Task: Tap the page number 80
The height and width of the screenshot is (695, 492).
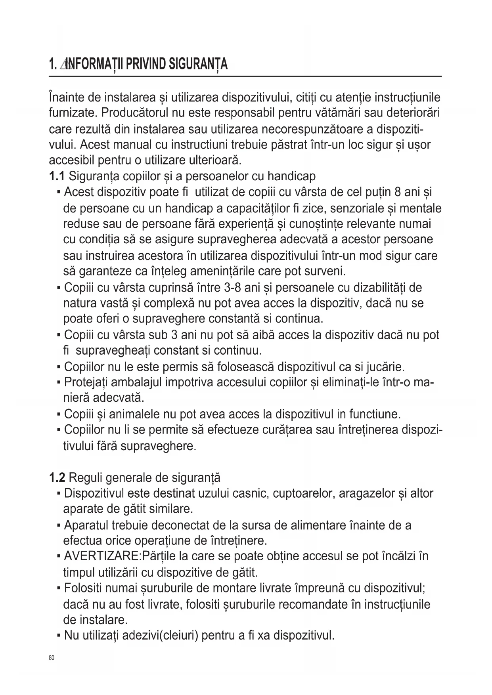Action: (x=51, y=658)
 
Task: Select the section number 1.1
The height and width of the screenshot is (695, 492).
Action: (x=57, y=176)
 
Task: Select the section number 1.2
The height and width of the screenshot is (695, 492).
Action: (x=57, y=478)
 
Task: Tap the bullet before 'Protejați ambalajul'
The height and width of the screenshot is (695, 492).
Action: (x=59, y=383)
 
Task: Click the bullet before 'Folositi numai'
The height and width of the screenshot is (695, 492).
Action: (x=59, y=589)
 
